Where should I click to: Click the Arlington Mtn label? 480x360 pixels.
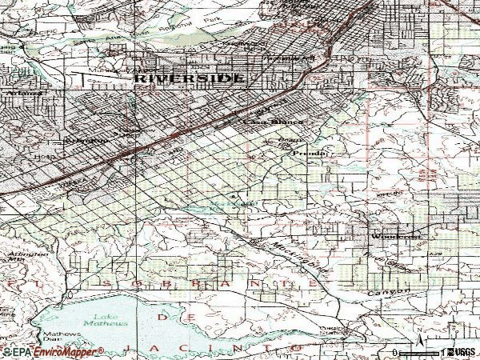(18, 258)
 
